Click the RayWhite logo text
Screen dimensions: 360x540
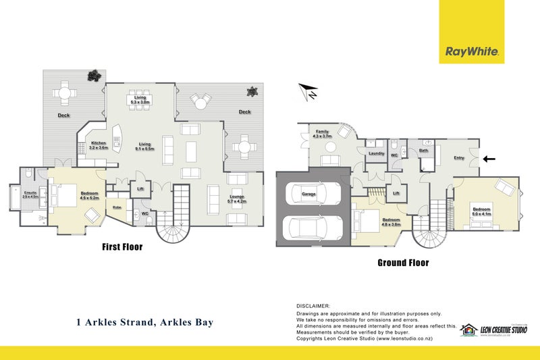point(471,51)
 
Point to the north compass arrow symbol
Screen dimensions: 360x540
point(308,91)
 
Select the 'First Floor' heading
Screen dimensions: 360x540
point(122,247)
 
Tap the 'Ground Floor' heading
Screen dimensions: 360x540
point(402,263)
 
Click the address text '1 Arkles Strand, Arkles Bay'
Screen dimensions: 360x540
point(145,322)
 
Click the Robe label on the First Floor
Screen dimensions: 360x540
point(117,207)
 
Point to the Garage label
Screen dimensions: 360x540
point(308,195)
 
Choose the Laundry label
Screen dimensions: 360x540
point(376,153)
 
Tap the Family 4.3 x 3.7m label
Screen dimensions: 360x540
point(323,134)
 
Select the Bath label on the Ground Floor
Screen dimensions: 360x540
point(423,151)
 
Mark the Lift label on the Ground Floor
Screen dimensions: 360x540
point(396,193)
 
